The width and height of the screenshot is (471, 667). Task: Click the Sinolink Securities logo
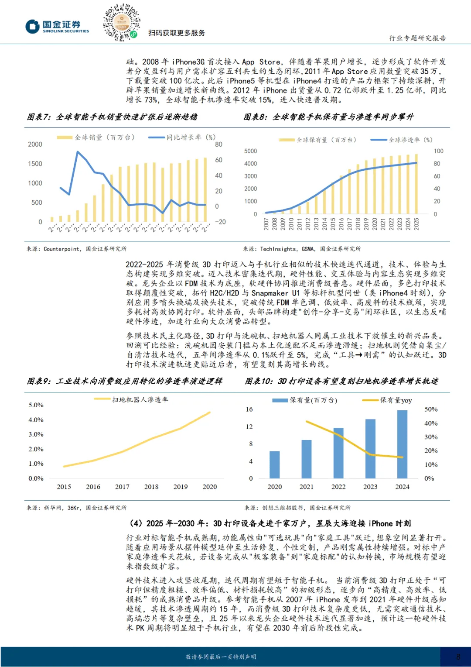tap(57, 27)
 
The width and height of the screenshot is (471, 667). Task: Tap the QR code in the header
tap(121, 22)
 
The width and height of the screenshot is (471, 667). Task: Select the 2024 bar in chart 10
tap(402, 444)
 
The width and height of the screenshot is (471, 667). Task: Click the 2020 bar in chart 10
tap(274, 464)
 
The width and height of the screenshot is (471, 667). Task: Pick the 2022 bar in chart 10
tap(338, 453)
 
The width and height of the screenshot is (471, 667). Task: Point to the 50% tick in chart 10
tap(431, 409)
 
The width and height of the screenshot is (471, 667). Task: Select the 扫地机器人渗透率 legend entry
tap(131, 399)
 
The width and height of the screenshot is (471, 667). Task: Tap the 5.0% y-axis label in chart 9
tap(36, 405)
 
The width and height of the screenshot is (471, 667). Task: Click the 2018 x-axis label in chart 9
tap(151, 487)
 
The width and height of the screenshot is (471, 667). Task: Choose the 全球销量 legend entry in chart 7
tap(96, 138)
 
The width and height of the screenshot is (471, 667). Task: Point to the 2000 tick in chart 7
tap(35, 144)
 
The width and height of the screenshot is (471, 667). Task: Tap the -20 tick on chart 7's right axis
tap(220, 222)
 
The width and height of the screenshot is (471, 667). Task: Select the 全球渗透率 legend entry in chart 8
tap(402, 140)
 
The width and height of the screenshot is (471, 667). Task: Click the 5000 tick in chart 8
tap(250, 151)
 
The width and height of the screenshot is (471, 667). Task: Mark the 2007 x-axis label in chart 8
tap(266, 224)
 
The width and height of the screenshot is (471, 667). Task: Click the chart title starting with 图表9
tap(125, 381)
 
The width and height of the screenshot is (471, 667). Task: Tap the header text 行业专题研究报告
tap(417, 38)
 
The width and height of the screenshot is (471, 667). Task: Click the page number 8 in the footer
tap(458, 657)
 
